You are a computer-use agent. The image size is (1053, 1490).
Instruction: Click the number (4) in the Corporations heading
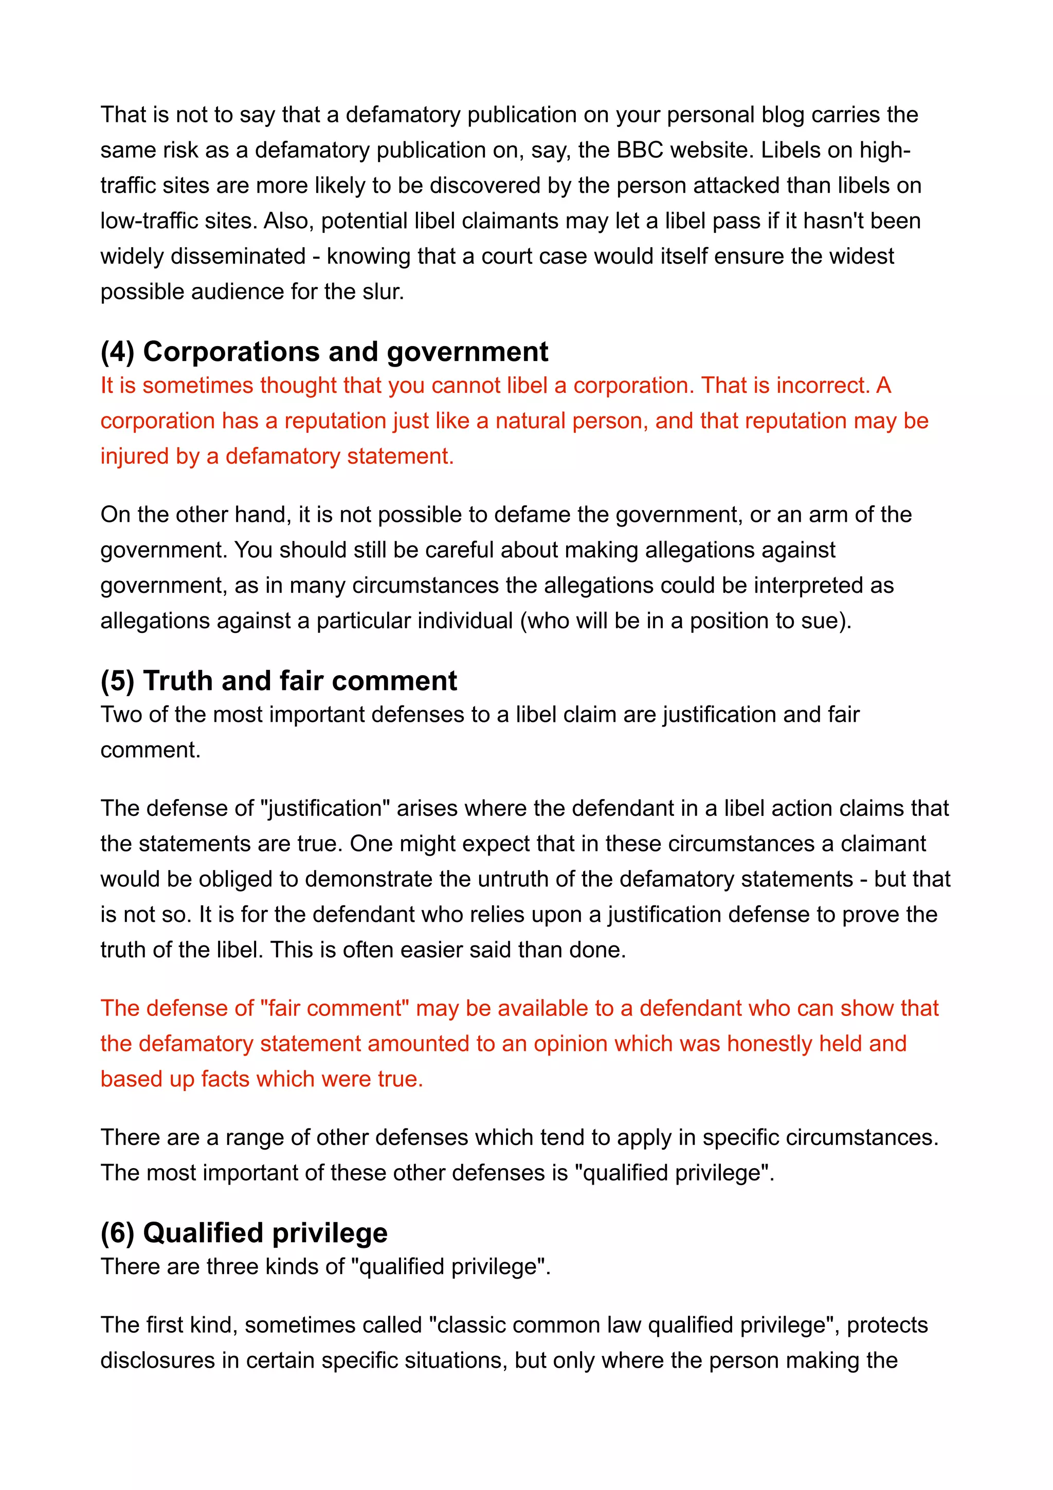click(117, 352)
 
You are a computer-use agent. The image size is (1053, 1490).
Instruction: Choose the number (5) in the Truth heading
click(117, 681)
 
